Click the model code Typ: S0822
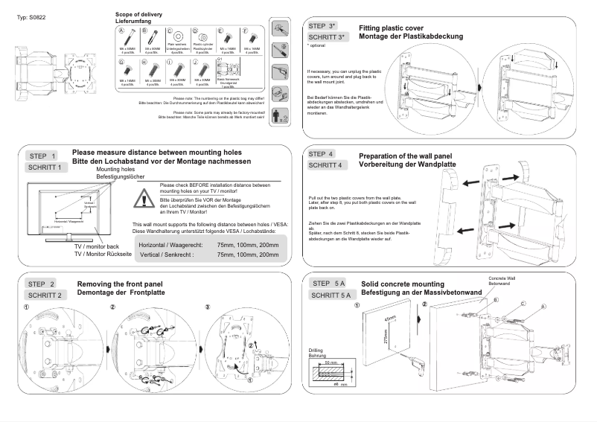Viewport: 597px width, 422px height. tap(31, 17)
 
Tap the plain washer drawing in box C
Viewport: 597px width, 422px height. tap(177, 39)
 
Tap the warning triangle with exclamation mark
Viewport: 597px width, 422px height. tap(142, 197)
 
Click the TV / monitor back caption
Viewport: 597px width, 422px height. tap(96, 246)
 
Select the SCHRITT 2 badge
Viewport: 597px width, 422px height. tap(46, 295)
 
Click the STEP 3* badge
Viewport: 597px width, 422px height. tap(327, 26)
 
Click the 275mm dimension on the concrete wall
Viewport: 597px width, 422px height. tap(386, 336)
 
